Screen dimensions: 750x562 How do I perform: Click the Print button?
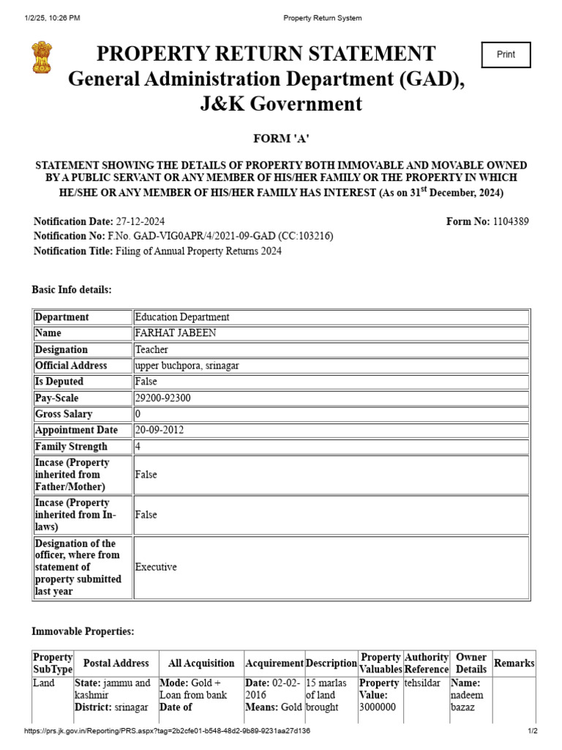[505, 55]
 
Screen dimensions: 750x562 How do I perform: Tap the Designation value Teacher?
[151, 349]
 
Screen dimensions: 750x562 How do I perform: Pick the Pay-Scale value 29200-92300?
[162, 398]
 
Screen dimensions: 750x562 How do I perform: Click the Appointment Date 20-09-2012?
[158, 430]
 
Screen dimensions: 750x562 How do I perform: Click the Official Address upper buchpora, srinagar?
[187, 365]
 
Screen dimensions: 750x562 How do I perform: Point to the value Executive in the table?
[156, 567]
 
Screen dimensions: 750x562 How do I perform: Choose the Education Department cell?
[182, 317]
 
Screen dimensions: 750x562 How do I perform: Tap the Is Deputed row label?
[59, 382]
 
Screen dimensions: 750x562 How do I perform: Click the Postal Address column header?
[116, 663]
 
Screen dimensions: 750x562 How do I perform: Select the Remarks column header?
[514, 663]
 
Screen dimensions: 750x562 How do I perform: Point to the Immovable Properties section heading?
[83, 631]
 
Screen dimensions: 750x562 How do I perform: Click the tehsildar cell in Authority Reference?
[422, 683]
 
